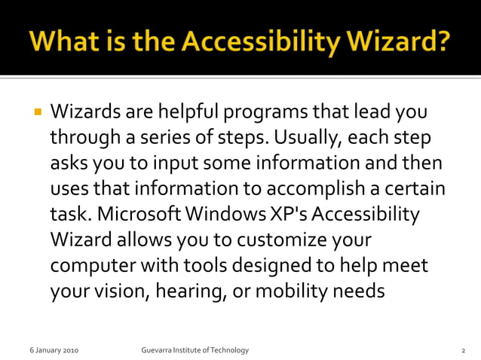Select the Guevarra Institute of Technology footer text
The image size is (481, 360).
point(195,351)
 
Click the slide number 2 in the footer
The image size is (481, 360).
point(462,351)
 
